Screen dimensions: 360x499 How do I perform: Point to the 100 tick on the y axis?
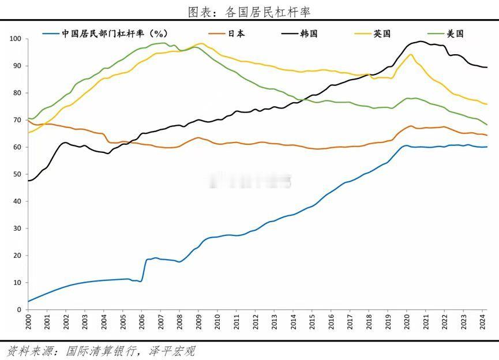pos(15,39)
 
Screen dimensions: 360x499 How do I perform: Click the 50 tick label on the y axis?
pos(17,174)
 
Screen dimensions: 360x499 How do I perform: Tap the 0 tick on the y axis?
pos(19,310)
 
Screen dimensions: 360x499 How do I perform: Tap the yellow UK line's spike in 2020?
pos(411,55)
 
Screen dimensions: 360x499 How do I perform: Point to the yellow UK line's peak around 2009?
pos(201,43)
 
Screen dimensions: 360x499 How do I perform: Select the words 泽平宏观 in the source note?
pos(173,350)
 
